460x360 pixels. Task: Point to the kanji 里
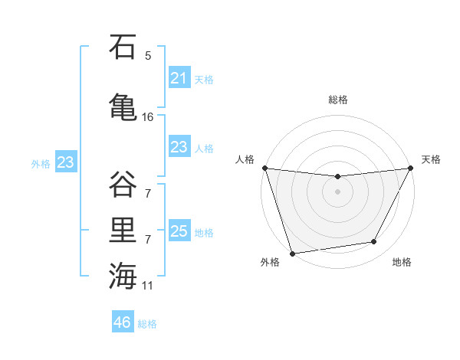coord(123,228)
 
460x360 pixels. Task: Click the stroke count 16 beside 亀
coord(148,116)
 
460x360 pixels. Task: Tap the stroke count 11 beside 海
coord(148,285)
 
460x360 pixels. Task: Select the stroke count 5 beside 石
coord(148,55)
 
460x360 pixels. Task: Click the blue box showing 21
coord(179,78)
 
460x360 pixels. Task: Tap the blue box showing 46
coord(123,322)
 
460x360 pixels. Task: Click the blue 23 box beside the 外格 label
coord(65,162)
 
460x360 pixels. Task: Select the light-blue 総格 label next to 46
coord(148,324)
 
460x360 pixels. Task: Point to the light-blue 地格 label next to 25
coord(205,232)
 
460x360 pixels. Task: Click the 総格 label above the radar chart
coord(338,100)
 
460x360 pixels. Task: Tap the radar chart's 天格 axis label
coord(431,159)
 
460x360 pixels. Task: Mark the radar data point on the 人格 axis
coord(264,168)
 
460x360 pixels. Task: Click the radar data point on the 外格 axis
coord(292,253)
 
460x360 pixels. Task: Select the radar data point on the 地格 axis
coord(374,242)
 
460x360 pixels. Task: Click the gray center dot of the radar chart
coord(337,191)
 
